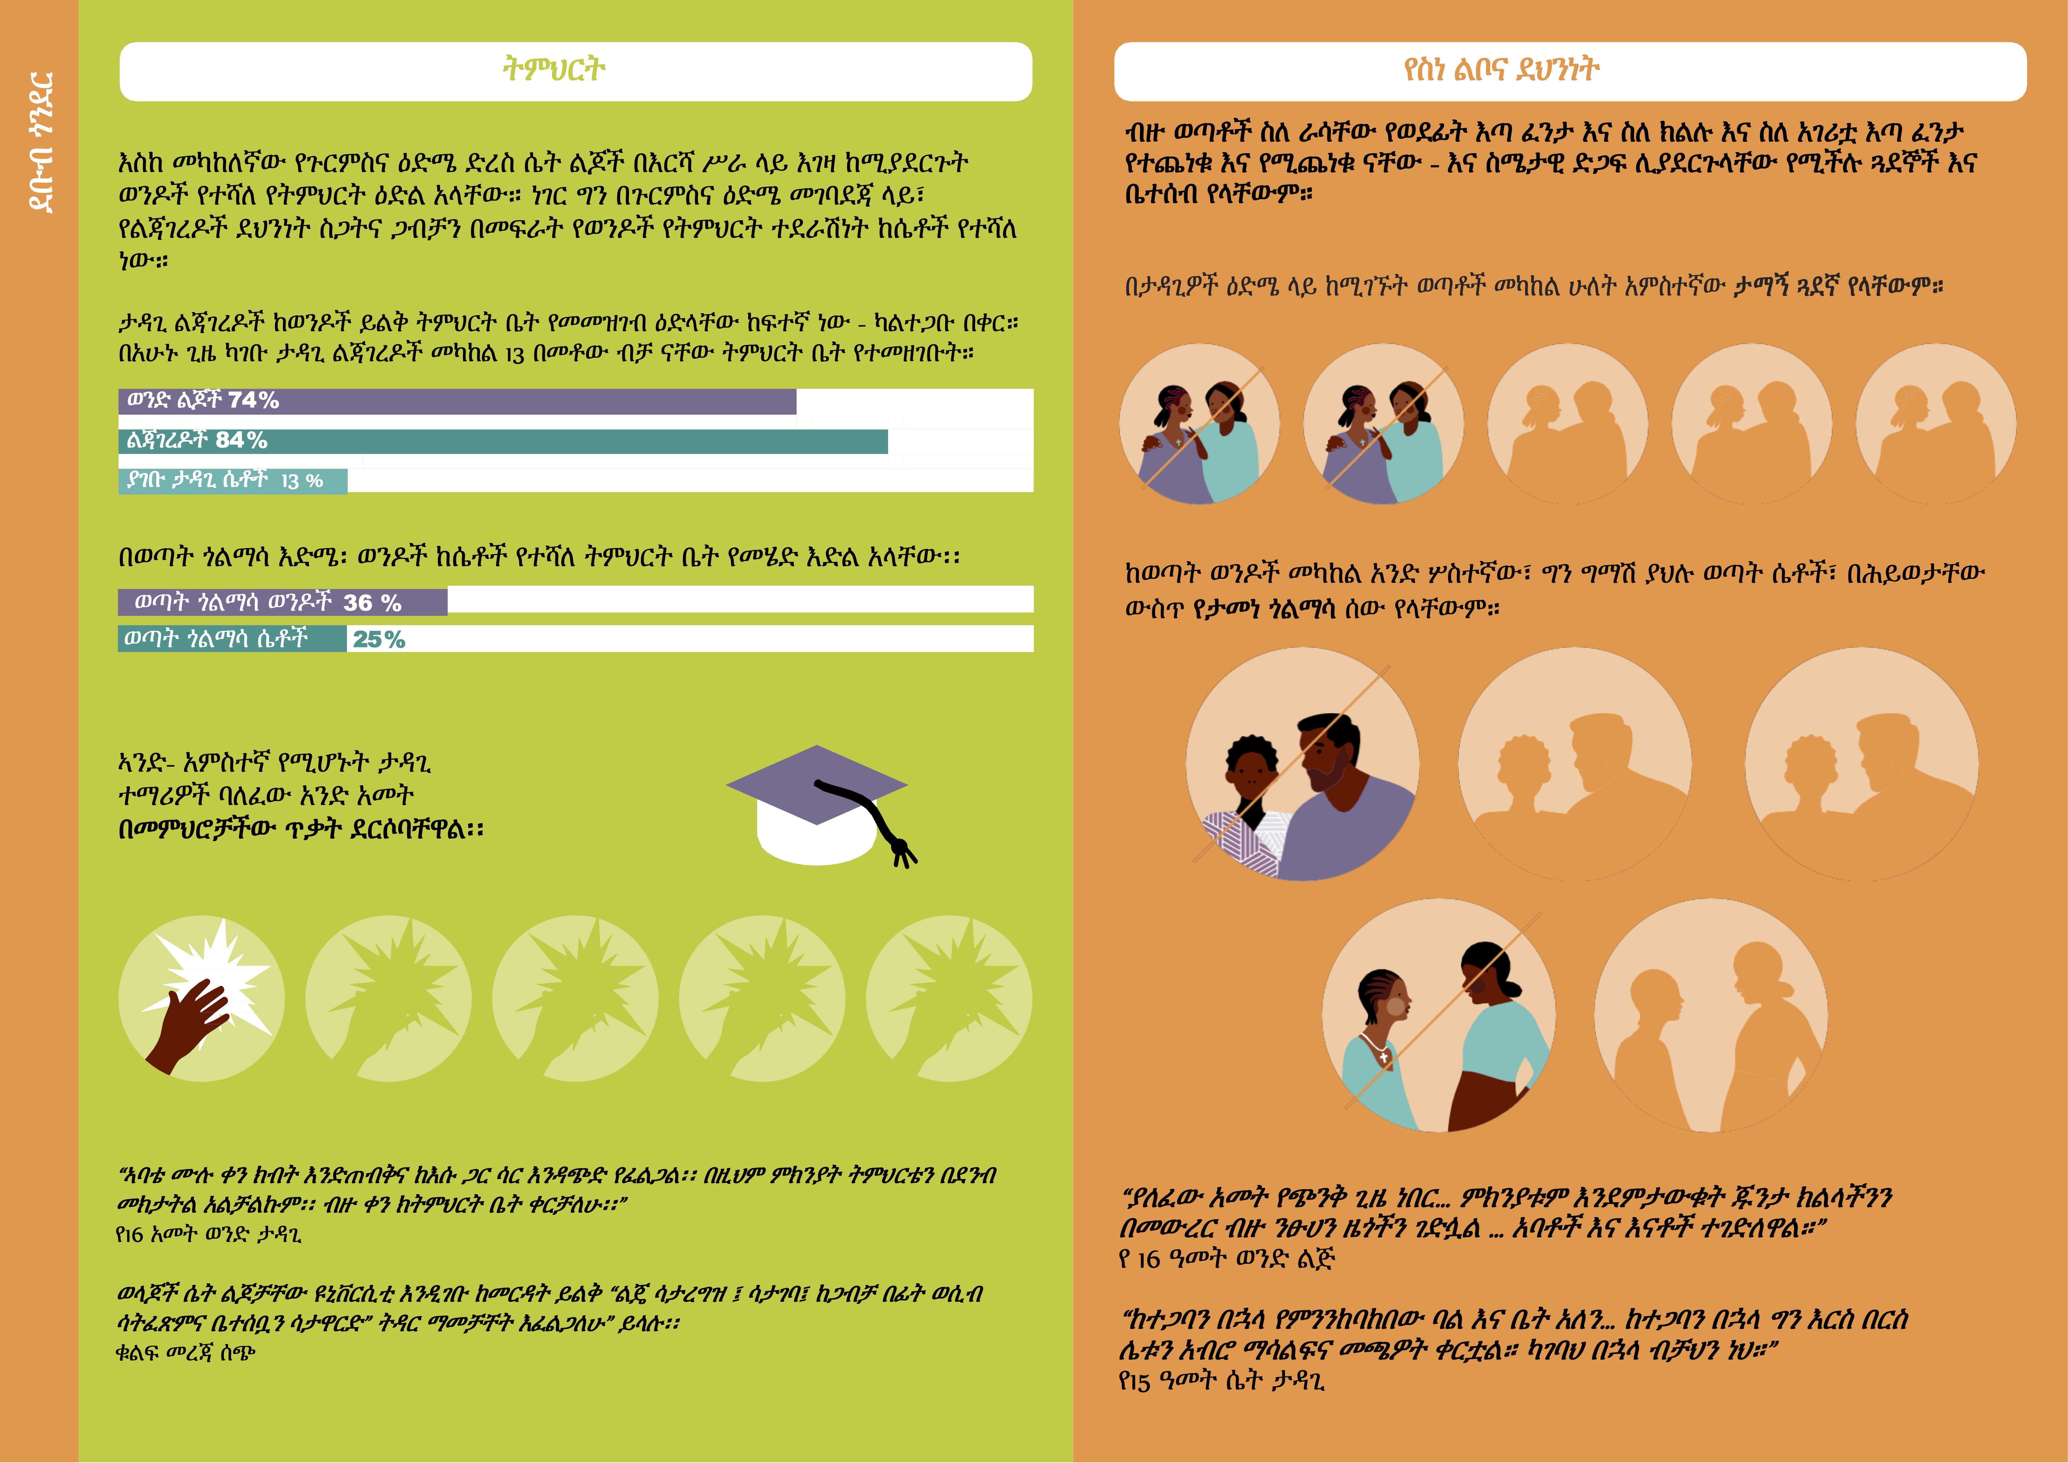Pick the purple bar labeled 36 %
coord(283,602)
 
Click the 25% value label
coord(379,640)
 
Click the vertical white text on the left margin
coord(41,142)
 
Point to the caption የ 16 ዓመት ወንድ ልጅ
coord(1227,1258)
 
